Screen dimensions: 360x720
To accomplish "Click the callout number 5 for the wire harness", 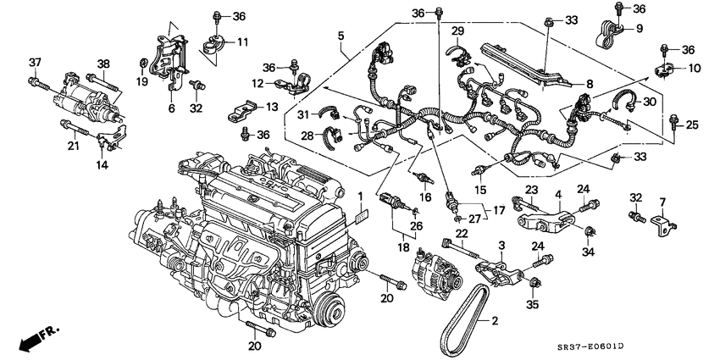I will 341,37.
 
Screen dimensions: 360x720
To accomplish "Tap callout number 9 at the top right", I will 640,28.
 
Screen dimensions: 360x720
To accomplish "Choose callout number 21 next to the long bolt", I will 74,146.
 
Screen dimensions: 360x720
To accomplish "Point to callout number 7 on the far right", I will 663,202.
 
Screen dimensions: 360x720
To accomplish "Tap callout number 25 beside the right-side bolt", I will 691,125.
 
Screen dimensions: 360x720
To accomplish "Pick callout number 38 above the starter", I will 103,64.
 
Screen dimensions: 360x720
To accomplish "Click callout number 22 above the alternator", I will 462,233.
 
